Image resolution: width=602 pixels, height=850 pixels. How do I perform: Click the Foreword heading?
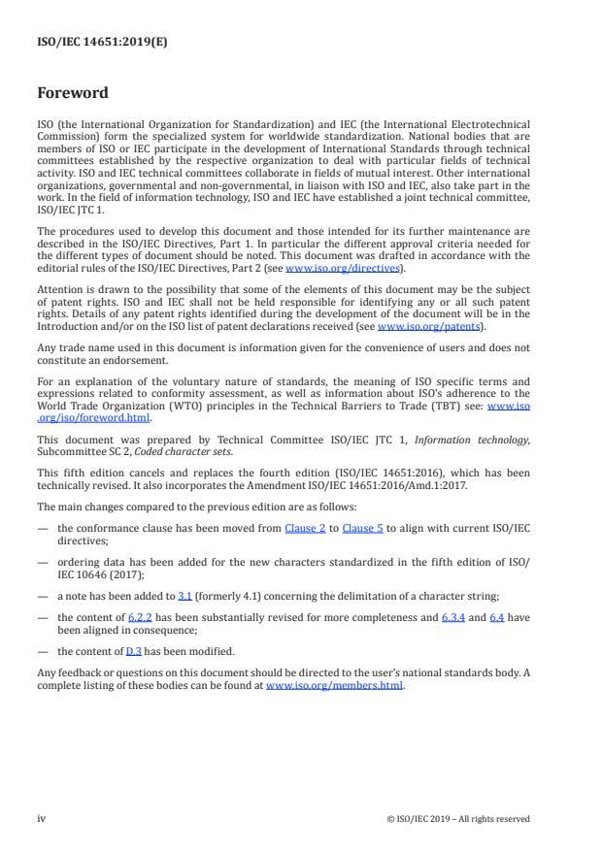pyautogui.click(x=73, y=94)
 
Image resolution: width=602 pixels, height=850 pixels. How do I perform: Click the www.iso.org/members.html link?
pyautogui.click(x=334, y=686)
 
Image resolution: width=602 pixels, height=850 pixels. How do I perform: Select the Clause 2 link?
pyautogui.click(x=305, y=556)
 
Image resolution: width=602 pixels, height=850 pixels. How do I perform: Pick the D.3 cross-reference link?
pyautogui.click(x=134, y=651)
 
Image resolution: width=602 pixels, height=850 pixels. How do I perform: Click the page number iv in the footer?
pyautogui.click(x=42, y=819)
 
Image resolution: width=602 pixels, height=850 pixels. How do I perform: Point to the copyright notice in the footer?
pyautogui.click(x=458, y=819)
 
